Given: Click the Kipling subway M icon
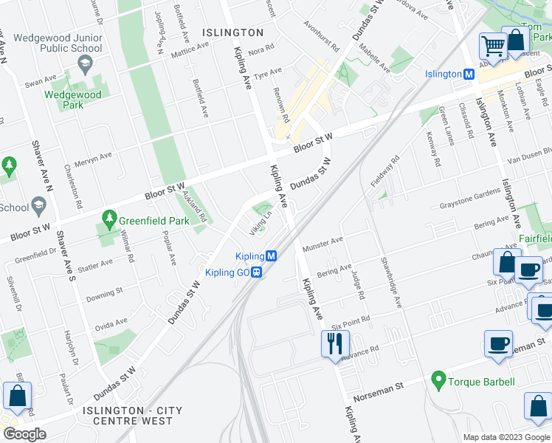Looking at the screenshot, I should [272, 256].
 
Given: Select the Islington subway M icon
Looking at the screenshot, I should [468, 75].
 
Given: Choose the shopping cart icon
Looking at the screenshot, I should [492, 46].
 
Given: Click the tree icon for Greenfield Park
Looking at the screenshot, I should [109, 219].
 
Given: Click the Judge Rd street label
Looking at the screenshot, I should [358, 285].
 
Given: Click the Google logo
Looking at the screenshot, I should [24, 434].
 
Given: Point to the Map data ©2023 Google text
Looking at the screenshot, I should [506, 437].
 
